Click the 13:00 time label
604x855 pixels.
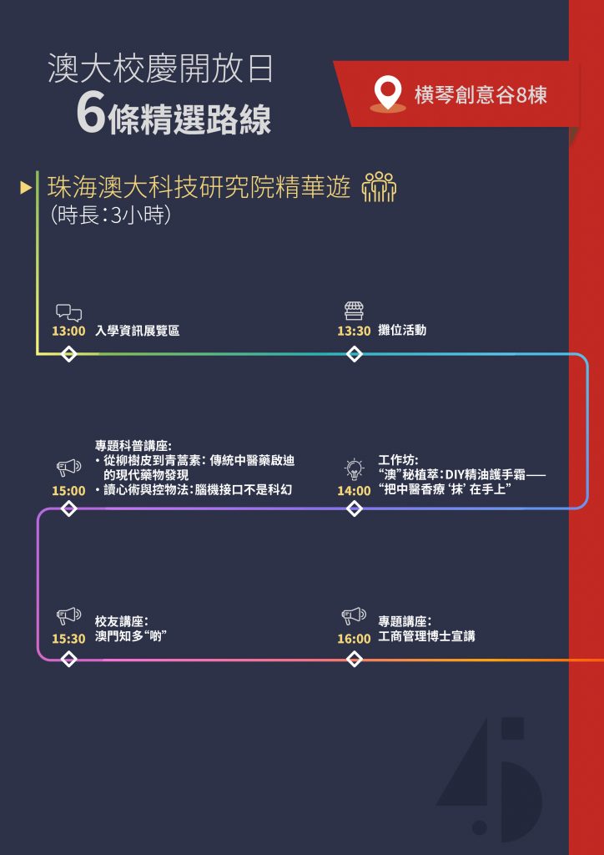point(68,331)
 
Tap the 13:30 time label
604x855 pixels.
point(354,331)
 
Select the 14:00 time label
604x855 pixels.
point(354,490)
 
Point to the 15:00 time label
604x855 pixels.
point(68,490)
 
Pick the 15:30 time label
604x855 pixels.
point(68,639)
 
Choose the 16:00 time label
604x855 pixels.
point(354,639)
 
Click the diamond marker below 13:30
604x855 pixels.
point(354,354)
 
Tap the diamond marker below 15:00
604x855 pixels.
point(69,508)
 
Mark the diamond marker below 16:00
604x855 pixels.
point(354,660)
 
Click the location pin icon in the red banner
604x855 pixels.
point(388,94)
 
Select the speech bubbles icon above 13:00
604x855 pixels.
point(68,312)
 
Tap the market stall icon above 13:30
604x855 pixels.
point(354,311)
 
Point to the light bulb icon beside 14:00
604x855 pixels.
point(355,469)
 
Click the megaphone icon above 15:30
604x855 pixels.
point(68,617)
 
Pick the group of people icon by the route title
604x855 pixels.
point(379,187)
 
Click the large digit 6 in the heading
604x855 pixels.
point(90,114)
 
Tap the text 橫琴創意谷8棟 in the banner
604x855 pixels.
point(481,95)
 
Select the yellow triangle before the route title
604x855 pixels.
point(26,188)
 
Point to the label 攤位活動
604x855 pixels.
point(402,331)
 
